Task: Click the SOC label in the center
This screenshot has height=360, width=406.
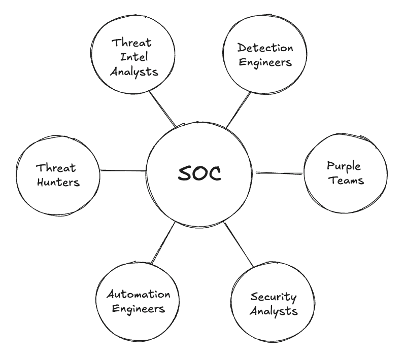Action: [200, 173]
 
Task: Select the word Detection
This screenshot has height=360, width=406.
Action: [265, 49]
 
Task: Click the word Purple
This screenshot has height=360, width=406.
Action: [345, 166]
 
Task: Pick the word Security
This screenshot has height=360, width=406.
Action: [274, 297]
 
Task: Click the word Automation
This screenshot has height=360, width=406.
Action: [138, 295]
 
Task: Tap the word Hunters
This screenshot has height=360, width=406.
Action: [57, 182]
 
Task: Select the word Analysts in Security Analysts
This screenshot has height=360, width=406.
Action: [274, 310]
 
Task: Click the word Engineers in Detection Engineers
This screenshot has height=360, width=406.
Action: [265, 62]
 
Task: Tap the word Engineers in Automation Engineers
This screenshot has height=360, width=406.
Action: [138, 308]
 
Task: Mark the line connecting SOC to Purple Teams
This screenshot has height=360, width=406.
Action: [278, 173]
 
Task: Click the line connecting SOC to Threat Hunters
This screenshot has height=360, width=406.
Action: [123, 170]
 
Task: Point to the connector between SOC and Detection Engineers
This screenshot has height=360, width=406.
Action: [238, 110]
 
